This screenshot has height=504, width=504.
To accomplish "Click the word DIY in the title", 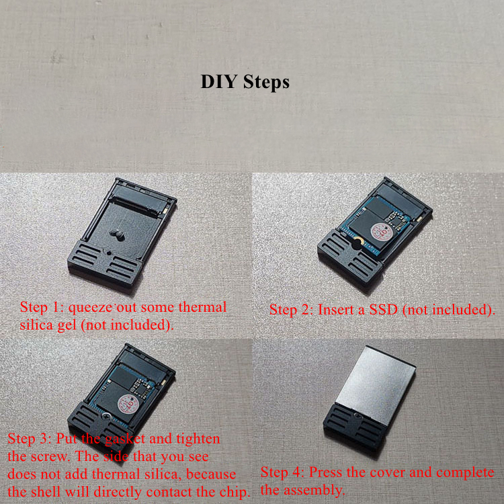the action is pyautogui.click(x=219, y=81).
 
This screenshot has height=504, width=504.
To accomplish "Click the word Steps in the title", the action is pyautogui.click(x=266, y=82).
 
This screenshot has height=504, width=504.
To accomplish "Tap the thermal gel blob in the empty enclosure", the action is pyautogui.click(x=116, y=235).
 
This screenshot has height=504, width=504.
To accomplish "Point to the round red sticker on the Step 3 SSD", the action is pyautogui.click(x=128, y=404).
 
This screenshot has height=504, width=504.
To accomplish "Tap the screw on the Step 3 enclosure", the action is pyautogui.click(x=106, y=416).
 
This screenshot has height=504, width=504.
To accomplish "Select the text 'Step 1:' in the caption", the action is pyautogui.click(x=42, y=307).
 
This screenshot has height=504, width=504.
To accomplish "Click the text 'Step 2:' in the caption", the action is pyautogui.click(x=291, y=310).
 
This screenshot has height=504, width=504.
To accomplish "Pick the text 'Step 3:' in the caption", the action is pyautogui.click(x=30, y=439).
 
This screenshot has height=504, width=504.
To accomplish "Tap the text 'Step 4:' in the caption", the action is pyautogui.click(x=282, y=472).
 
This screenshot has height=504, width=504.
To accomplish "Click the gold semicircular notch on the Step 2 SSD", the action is pyautogui.click(x=358, y=240).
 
